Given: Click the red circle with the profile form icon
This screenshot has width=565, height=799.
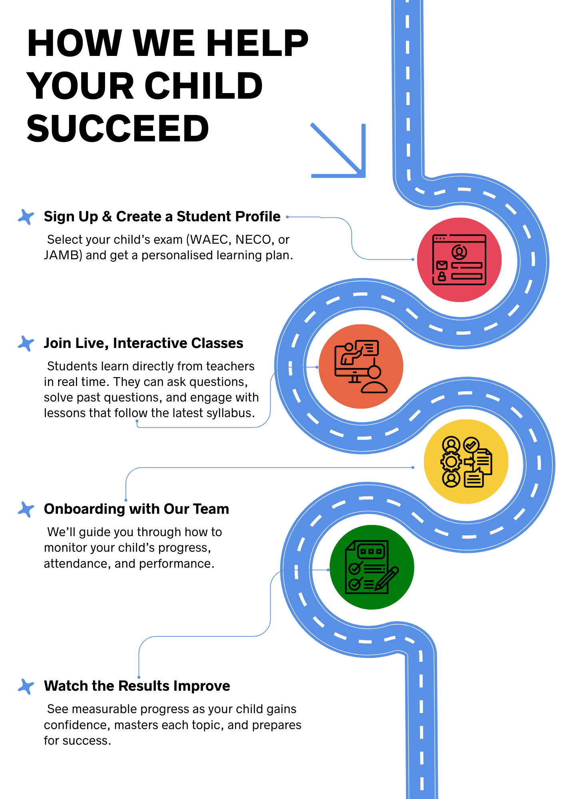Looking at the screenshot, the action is [459, 260].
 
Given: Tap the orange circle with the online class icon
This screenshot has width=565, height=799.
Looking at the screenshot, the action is [361, 366].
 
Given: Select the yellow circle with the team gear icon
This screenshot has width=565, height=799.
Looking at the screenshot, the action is [466, 461].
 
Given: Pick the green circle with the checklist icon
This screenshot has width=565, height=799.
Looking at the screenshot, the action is [372, 567].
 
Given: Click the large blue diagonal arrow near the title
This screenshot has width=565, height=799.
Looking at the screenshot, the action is [338, 150].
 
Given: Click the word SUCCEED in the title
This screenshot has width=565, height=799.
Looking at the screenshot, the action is [118, 129].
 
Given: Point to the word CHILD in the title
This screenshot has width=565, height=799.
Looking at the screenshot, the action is [203, 86].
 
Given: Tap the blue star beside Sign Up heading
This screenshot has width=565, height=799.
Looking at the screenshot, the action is [26, 217].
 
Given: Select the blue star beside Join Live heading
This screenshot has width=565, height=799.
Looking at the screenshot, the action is [26, 344].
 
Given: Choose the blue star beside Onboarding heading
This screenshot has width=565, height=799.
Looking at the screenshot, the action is [26, 509].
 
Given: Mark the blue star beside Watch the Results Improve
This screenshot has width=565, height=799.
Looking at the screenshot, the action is [26, 686].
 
